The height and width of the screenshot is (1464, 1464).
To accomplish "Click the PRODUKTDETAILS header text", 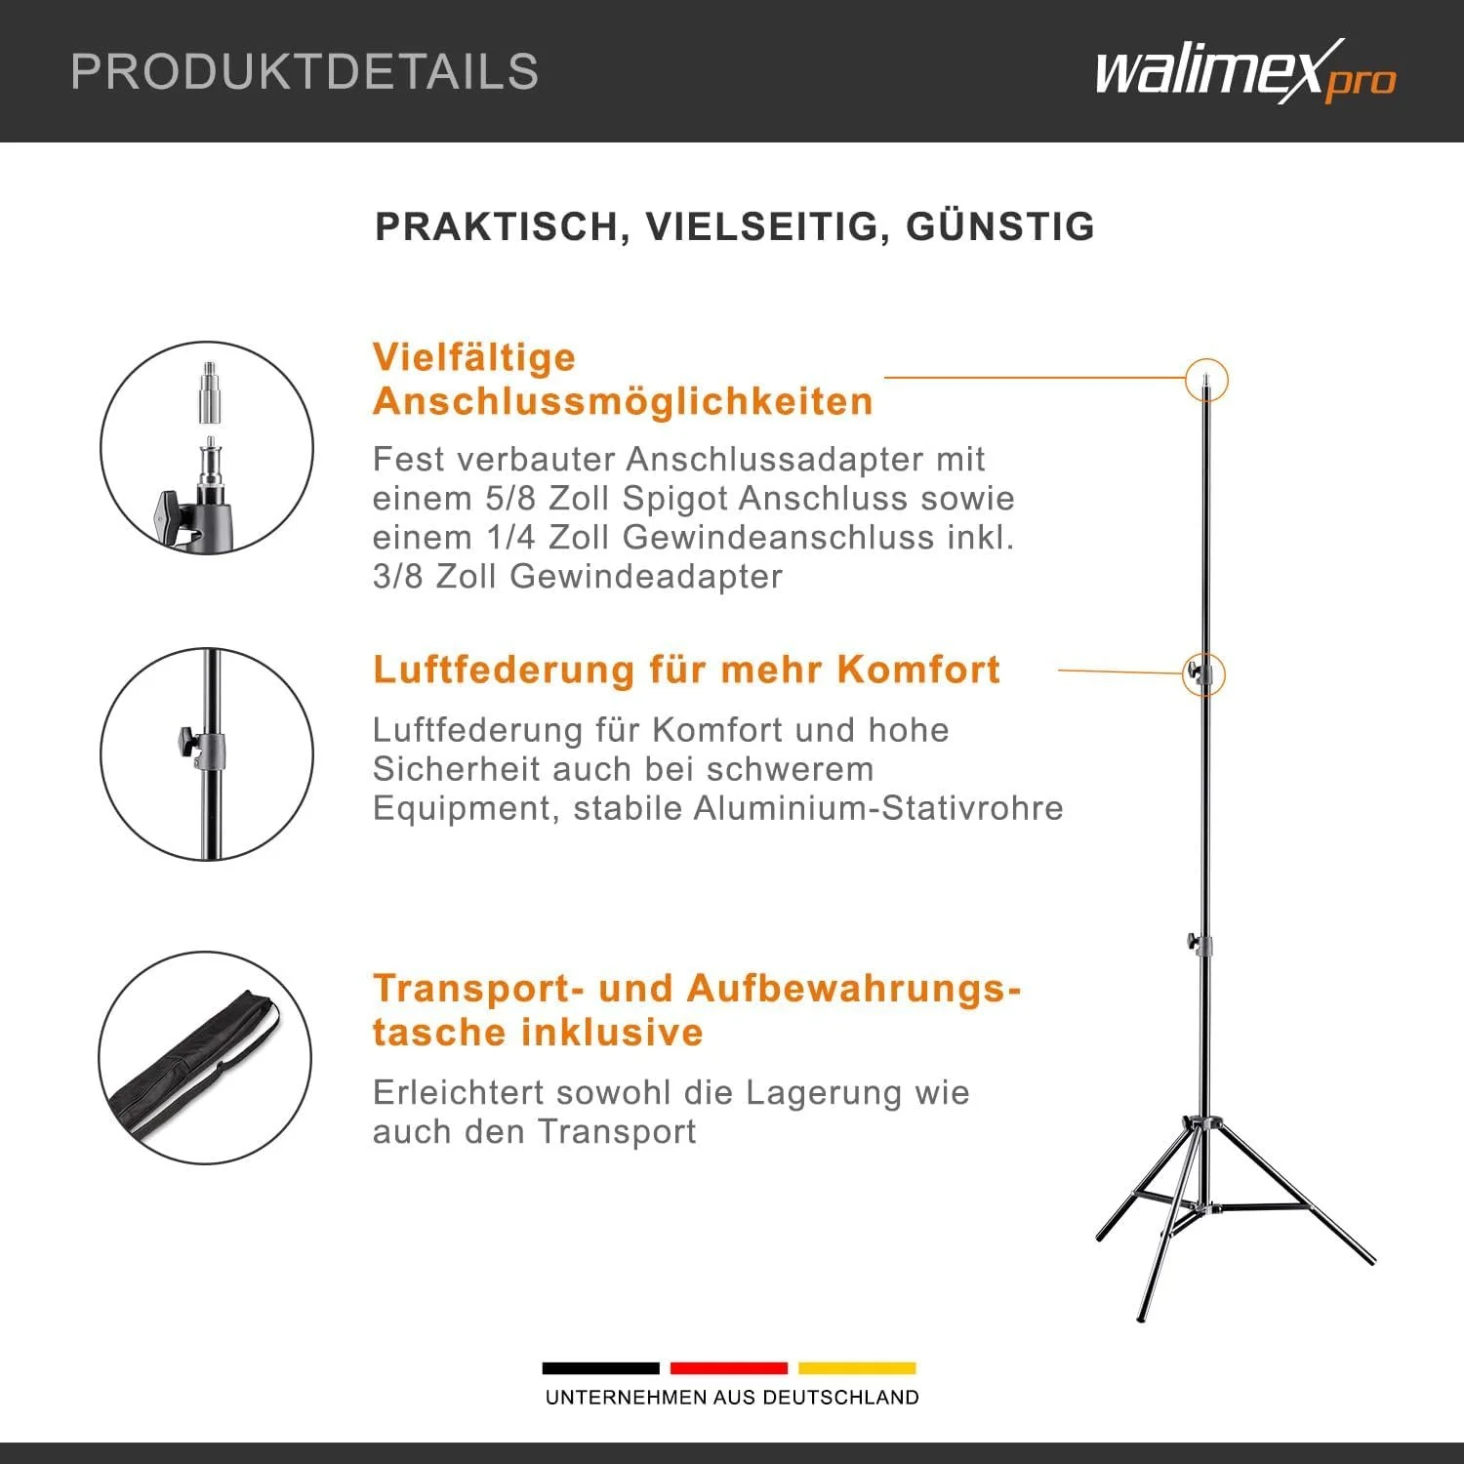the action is coord(305,71).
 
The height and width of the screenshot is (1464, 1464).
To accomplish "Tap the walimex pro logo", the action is coord(1245,71).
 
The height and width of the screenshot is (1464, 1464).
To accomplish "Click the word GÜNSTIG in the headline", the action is coord(1000,226).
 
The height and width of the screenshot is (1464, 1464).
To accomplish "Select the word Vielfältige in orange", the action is coord(474,357).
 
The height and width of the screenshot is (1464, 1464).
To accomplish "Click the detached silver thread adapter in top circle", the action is coord(210,392).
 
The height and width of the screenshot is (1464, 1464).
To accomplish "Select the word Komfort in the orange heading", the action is coord(918,670).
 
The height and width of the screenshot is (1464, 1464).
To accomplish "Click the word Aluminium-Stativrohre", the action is coord(878,808).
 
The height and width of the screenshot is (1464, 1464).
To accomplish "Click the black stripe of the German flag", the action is coord(600,1367).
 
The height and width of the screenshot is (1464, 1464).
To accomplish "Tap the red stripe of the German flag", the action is coord(729,1367).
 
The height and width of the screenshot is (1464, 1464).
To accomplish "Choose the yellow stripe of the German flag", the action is coord(857,1367).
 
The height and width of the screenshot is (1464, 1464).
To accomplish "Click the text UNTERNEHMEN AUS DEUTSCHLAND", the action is coord(732,1398).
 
